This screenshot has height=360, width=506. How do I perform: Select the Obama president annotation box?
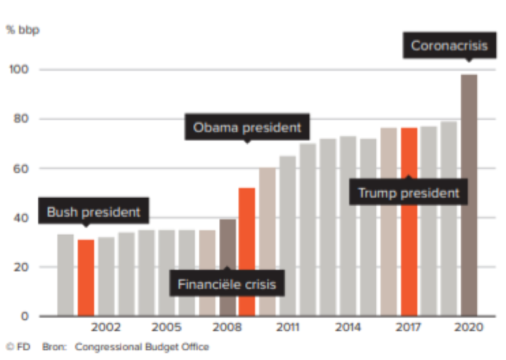[247, 128]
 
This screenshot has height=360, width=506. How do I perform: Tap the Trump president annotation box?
[409, 193]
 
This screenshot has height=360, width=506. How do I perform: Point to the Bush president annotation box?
[93, 211]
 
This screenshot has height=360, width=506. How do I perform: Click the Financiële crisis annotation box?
[227, 284]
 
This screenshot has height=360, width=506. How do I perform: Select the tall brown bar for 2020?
[469, 195]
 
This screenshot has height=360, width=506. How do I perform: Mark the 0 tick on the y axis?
[24, 316]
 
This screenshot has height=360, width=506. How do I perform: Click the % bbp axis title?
[23, 30]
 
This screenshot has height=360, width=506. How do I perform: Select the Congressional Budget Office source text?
[142, 347]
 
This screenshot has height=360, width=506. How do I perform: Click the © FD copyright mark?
[18, 347]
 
